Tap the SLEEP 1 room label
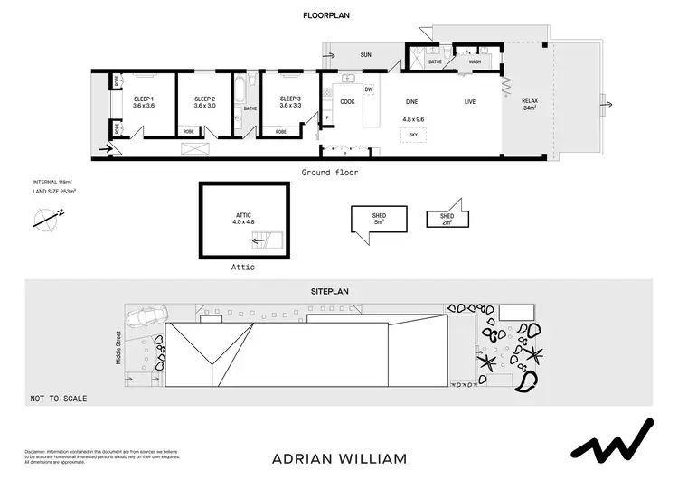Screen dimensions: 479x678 click(x=144, y=102)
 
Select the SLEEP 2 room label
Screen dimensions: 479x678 click(x=205, y=102)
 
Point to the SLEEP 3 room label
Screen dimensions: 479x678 click(x=289, y=102)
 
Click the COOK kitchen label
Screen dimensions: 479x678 click(x=347, y=101)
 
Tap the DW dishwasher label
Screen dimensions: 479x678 click(x=369, y=89)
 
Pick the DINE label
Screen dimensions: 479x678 click(x=412, y=101)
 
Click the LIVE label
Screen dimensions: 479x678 click(x=470, y=101)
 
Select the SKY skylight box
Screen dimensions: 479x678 click(x=413, y=134)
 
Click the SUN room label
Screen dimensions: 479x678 click(x=365, y=55)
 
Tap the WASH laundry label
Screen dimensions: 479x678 click(x=474, y=61)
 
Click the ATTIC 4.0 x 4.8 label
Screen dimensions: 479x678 click(x=244, y=218)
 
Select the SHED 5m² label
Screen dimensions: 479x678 click(x=380, y=219)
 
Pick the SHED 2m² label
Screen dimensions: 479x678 click(x=447, y=220)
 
